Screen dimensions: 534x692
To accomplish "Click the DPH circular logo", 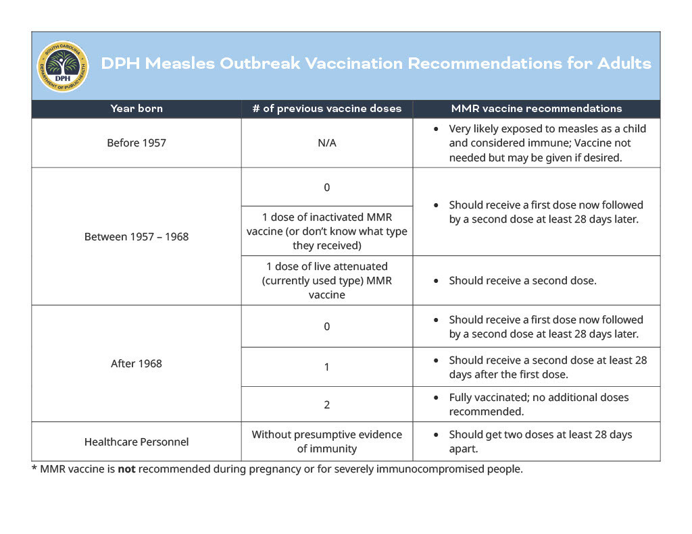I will pyautogui.click(x=62, y=66).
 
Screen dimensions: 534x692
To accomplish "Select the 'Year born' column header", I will pyautogui.click(x=137, y=109).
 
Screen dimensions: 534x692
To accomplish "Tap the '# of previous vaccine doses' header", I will pyautogui.click(x=326, y=109).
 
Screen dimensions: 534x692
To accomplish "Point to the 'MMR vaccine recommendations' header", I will pyautogui.click(x=536, y=109).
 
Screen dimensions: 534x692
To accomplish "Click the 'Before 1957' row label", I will pyautogui.click(x=137, y=143).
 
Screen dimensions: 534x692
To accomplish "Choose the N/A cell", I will pyautogui.click(x=326, y=143).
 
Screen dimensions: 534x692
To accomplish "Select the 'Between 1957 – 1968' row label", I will pyautogui.click(x=137, y=236).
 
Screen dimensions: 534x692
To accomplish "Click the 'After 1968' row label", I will pyautogui.click(x=137, y=363).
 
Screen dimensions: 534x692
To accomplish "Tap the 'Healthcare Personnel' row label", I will pyautogui.click(x=137, y=442).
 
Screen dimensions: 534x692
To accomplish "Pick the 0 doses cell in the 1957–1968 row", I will pyautogui.click(x=326, y=187).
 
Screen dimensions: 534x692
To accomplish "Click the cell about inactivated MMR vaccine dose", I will pyautogui.click(x=326, y=231).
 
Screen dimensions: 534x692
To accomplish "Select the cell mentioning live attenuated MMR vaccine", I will pyautogui.click(x=326, y=280).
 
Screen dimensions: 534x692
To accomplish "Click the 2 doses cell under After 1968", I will pyautogui.click(x=326, y=404).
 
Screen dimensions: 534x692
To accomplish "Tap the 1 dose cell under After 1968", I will pyautogui.click(x=326, y=367).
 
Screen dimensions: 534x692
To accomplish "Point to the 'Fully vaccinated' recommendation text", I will pyautogui.click(x=538, y=404).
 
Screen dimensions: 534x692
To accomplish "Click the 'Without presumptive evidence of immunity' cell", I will pyautogui.click(x=326, y=442).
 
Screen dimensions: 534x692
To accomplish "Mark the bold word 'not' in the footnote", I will pyautogui.click(x=126, y=469).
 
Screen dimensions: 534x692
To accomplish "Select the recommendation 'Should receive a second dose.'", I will pyautogui.click(x=522, y=280).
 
